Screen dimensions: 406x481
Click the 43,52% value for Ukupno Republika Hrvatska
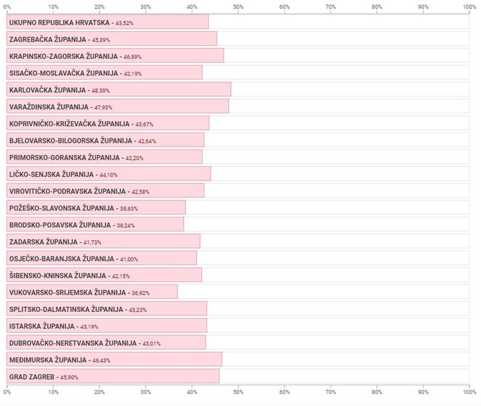[x=124, y=23]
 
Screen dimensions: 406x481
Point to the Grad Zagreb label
[x=32, y=377]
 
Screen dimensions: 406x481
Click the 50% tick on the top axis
[x=238, y=7]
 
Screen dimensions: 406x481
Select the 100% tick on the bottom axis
[x=469, y=391]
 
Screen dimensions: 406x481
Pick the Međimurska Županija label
[x=48, y=360]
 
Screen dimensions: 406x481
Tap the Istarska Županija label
[x=42, y=326]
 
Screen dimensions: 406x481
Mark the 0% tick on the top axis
[x=7, y=7]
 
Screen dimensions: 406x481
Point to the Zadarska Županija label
[x=43, y=242]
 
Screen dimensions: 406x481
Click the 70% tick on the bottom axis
[x=331, y=391]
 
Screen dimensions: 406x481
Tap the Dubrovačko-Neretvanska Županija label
[x=73, y=343]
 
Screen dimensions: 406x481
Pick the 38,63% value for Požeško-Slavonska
[x=128, y=209]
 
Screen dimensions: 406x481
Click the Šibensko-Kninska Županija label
[x=58, y=276]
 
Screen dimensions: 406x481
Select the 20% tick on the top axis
[x=100, y=7]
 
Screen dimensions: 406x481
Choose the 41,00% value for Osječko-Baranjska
[x=129, y=259]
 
